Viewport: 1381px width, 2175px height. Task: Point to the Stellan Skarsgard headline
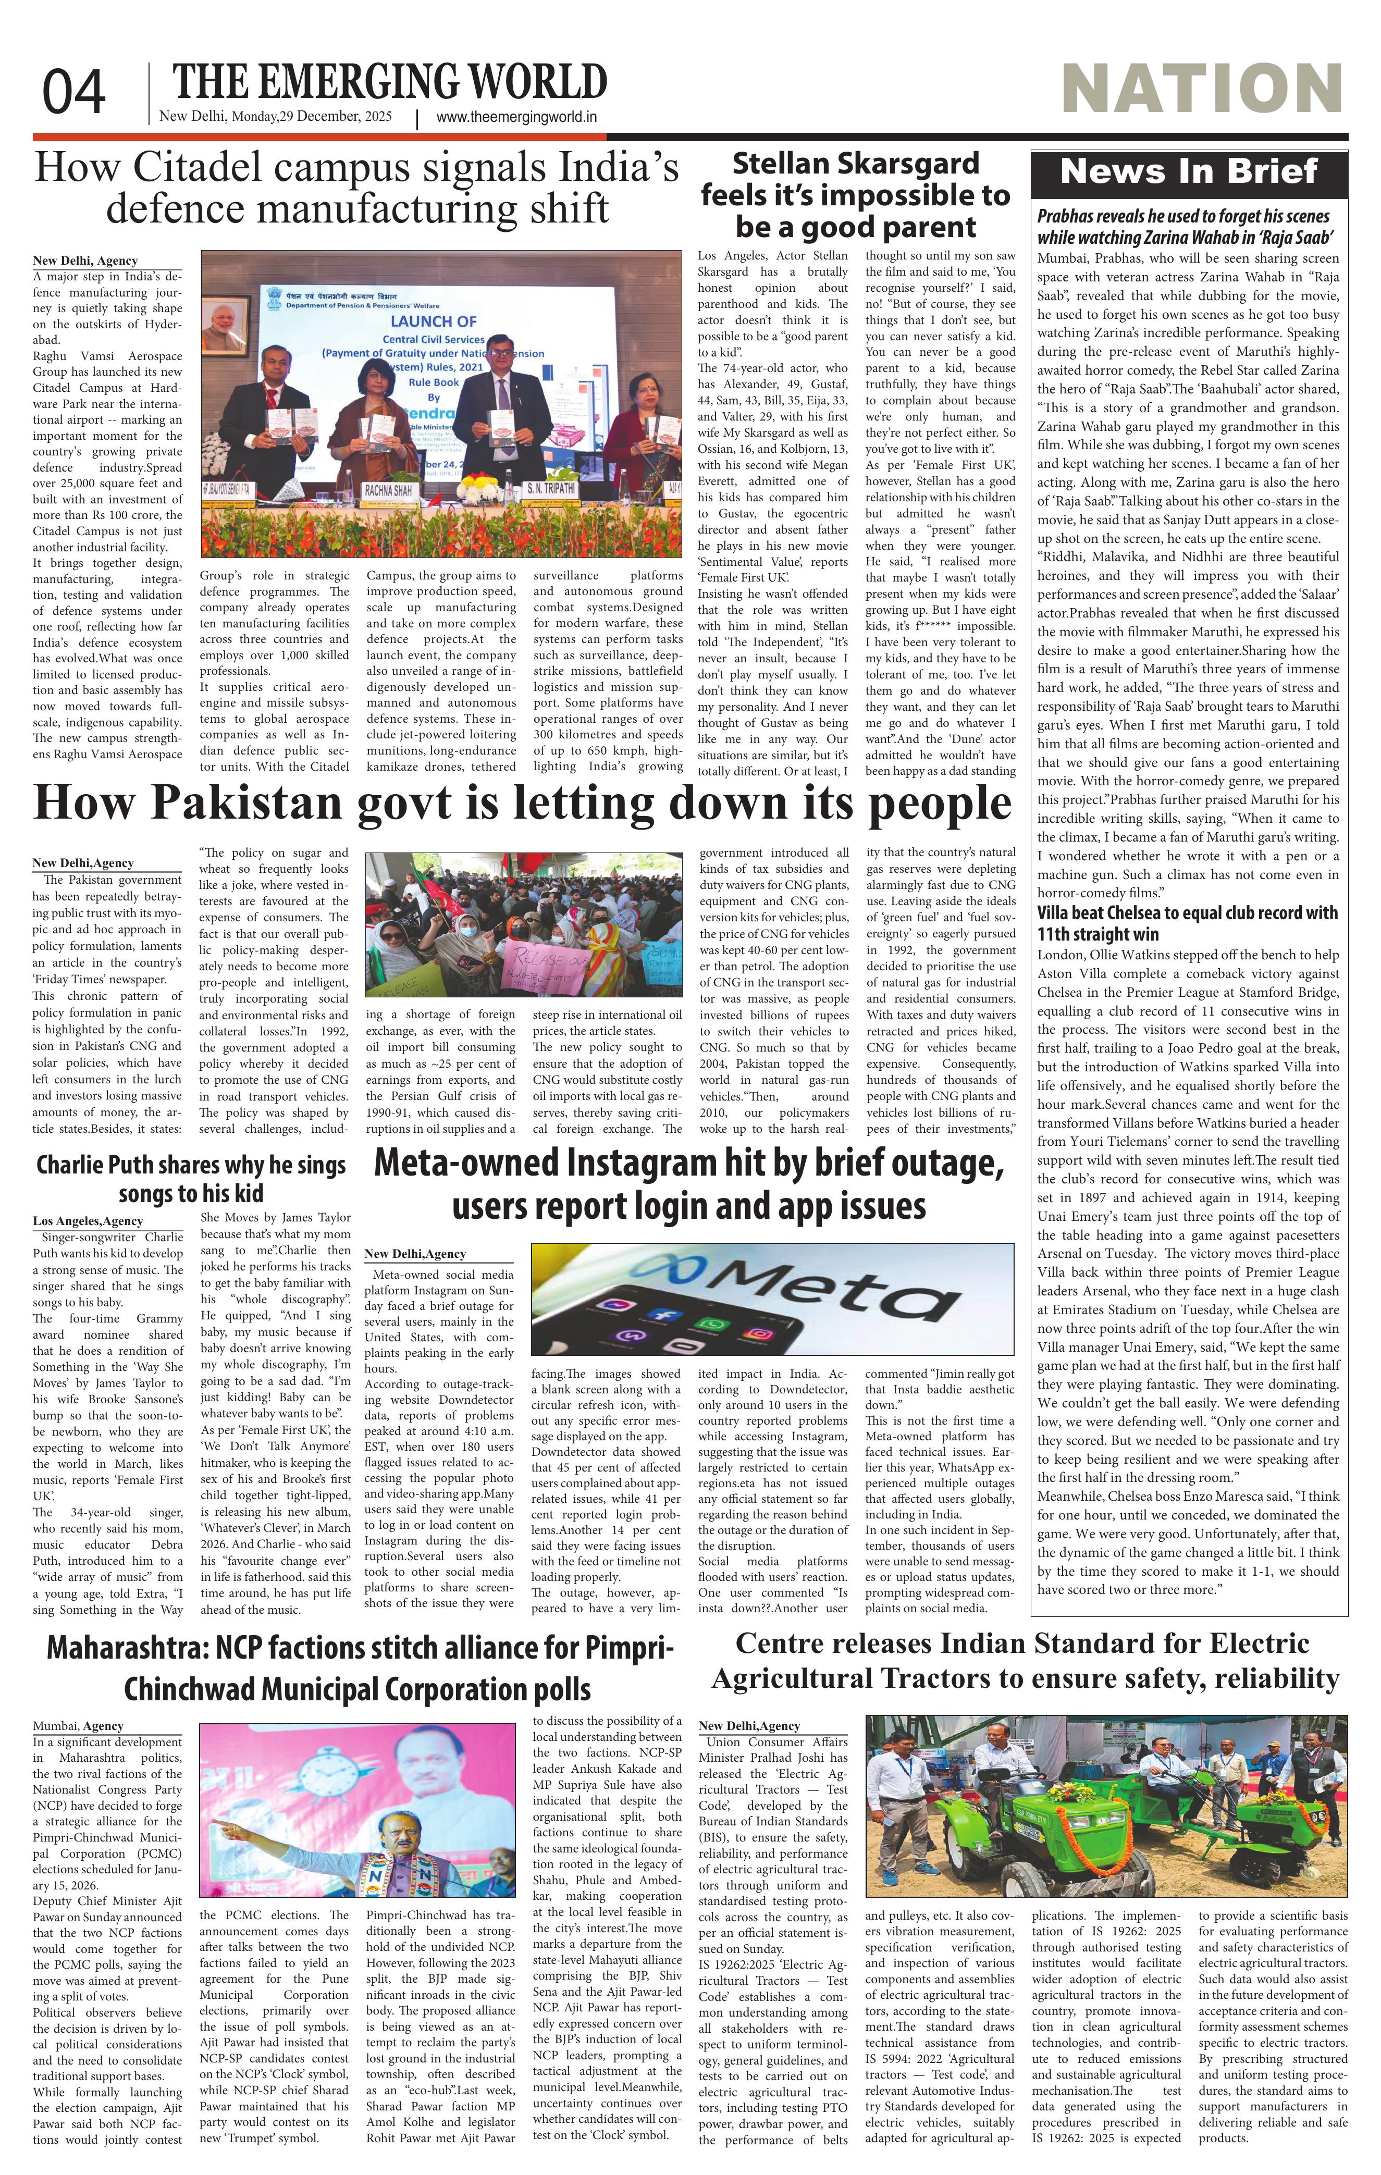click(x=855, y=194)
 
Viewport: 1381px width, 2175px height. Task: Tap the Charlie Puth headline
click(x=191, y=1179)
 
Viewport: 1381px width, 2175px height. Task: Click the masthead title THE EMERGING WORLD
click(x=389, y=83)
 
